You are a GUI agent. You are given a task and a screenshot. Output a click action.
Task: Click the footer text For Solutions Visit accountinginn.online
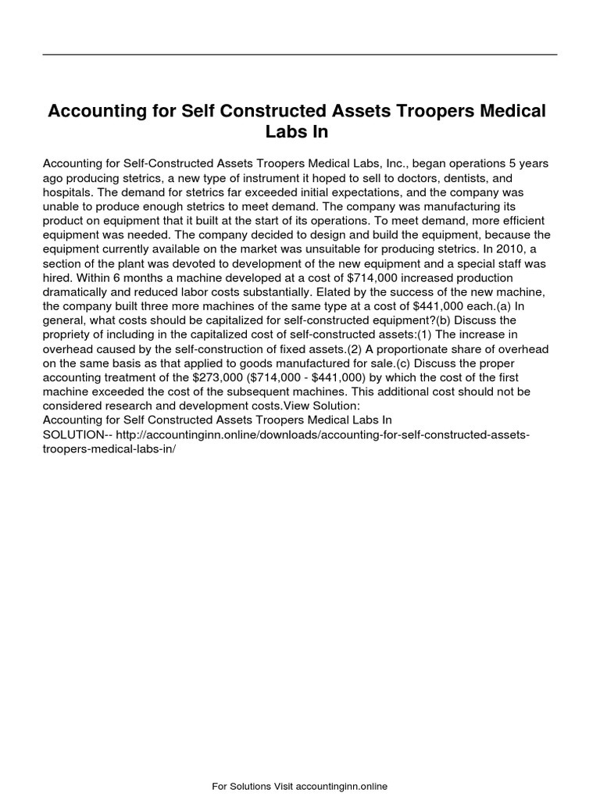tap(300, 786)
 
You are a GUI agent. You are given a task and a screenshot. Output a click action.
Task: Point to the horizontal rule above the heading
tap(300, 55)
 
